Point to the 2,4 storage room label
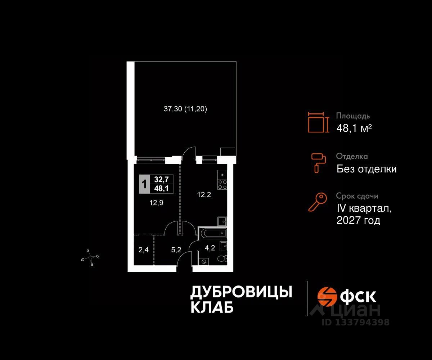click(143, 249)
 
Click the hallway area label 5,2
click(176, 249)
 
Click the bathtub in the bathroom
click(213, 233)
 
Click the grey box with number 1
click(144, 184)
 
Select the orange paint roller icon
click(319, 162)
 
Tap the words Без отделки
click(366, 169)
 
